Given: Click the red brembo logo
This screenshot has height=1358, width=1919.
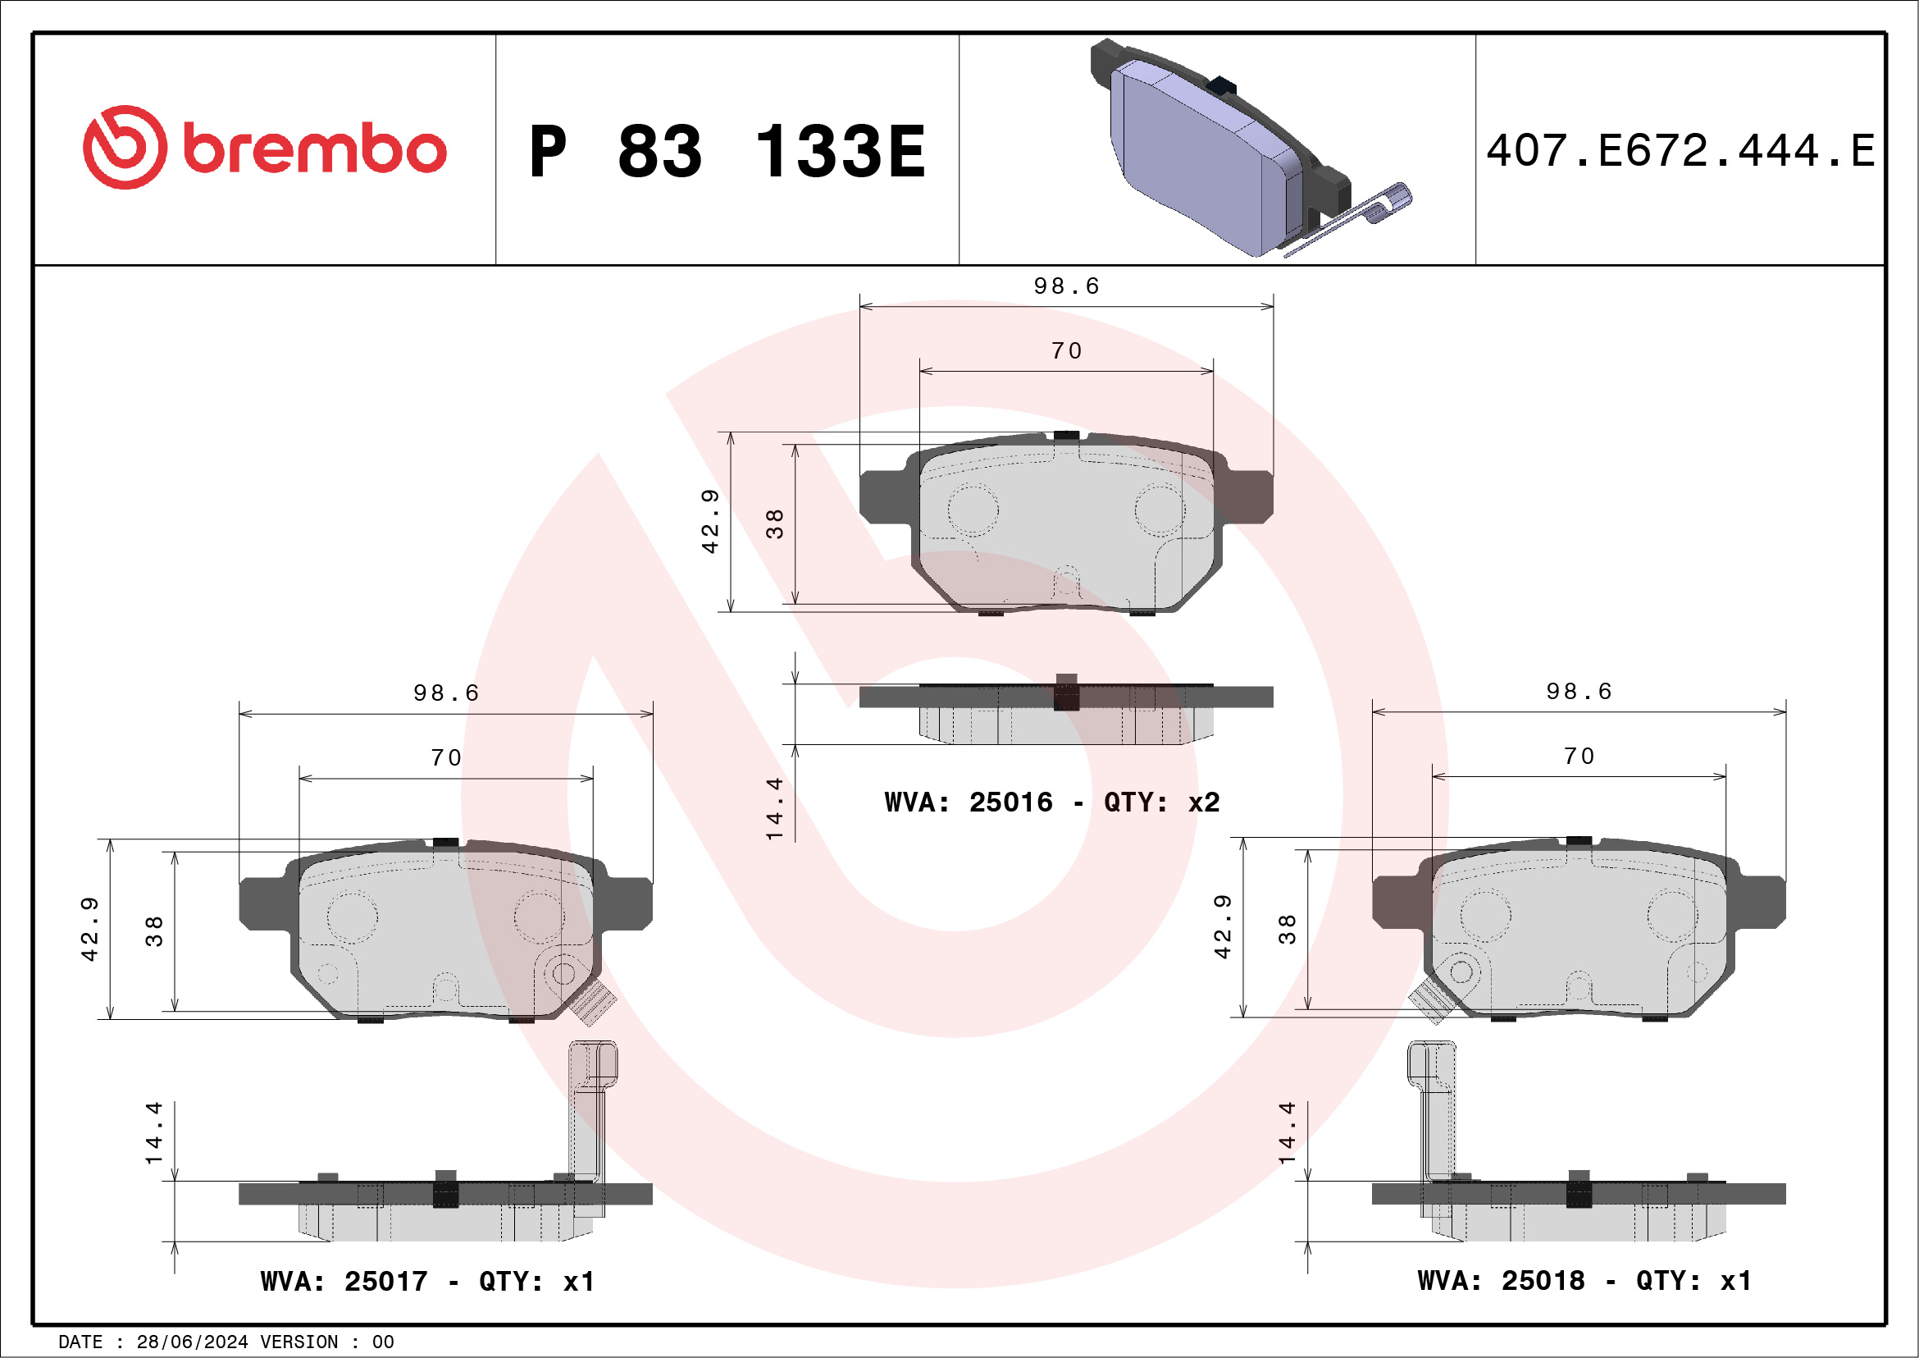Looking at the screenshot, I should pyautogui.click(x=264, y=148).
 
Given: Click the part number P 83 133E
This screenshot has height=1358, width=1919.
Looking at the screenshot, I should pyautogui.click(x=727, y=152).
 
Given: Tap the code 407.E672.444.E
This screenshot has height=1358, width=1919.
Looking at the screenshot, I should pyautogui.click(x=1680, y=151).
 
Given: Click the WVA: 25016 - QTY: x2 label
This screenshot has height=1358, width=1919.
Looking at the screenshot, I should pyautogui.click(x=1051, y=802).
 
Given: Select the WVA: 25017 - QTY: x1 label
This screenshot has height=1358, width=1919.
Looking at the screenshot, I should pyautogui.click(x=427, y=1281).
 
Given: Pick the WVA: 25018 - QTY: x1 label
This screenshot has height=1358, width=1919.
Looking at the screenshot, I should pyautogui.click(x=1584, y=1280).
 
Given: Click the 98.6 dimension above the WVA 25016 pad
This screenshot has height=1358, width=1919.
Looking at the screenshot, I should pyautogui.click(x=1066, y=287).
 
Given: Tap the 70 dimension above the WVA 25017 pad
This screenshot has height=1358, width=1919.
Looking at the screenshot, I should pyautogui.click(x=446, y=758).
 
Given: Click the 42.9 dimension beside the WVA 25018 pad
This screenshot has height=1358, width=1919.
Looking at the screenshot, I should pyautogui.click(x=1223, y=926).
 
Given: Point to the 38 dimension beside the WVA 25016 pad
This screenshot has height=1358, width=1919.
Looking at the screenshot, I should pyautogui.click(x=775, y=524).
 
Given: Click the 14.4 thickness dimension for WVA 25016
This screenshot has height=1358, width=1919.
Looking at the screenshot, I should pyautogui.click(x=775, y=808).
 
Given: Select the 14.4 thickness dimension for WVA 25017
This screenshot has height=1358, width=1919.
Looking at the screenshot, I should pyautogui.click(x=154, y=1134).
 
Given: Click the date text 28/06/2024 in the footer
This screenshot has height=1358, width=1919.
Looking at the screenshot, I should pyautogui.click(x=192, y=1342).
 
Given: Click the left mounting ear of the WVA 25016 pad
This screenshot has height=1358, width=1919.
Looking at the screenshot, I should pyautogui.click(x=886, y=497).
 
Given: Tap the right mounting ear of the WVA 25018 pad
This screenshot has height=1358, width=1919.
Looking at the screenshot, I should pyautogui.click(x=1760, y=902).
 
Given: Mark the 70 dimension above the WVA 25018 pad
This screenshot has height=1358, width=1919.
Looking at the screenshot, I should pyautogui.click(x=1579, y=757).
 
